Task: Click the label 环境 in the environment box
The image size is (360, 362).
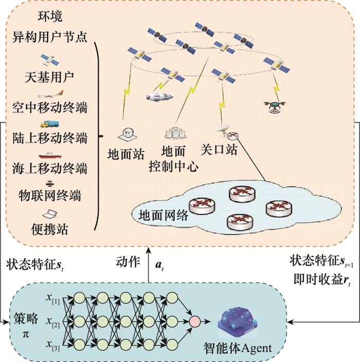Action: pos(50,16)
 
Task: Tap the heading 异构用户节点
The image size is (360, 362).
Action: pos(49,37)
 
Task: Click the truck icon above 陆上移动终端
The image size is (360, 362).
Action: pos(49,124)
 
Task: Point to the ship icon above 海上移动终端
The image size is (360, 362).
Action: pos(50,155)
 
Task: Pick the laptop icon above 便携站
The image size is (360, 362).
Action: pos(50,214)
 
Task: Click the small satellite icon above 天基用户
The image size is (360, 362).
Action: pos(50,60)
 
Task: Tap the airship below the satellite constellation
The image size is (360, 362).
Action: pos(159,96)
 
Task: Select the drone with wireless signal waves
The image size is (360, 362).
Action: pos(275,107)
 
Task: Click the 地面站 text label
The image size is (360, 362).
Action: pos(126,154)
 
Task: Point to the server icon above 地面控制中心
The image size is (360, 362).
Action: pos(175,133)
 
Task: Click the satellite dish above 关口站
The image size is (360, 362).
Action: pos(223,130)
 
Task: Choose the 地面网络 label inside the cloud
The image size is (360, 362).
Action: pos(163,216)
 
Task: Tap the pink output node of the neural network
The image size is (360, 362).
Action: pos(195,321)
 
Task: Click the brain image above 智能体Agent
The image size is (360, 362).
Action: pos(238,321)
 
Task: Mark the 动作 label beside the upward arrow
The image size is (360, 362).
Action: pos(128,262)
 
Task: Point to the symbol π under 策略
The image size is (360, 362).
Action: pos(26,334)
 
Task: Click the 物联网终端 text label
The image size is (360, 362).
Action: pos(50,196)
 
